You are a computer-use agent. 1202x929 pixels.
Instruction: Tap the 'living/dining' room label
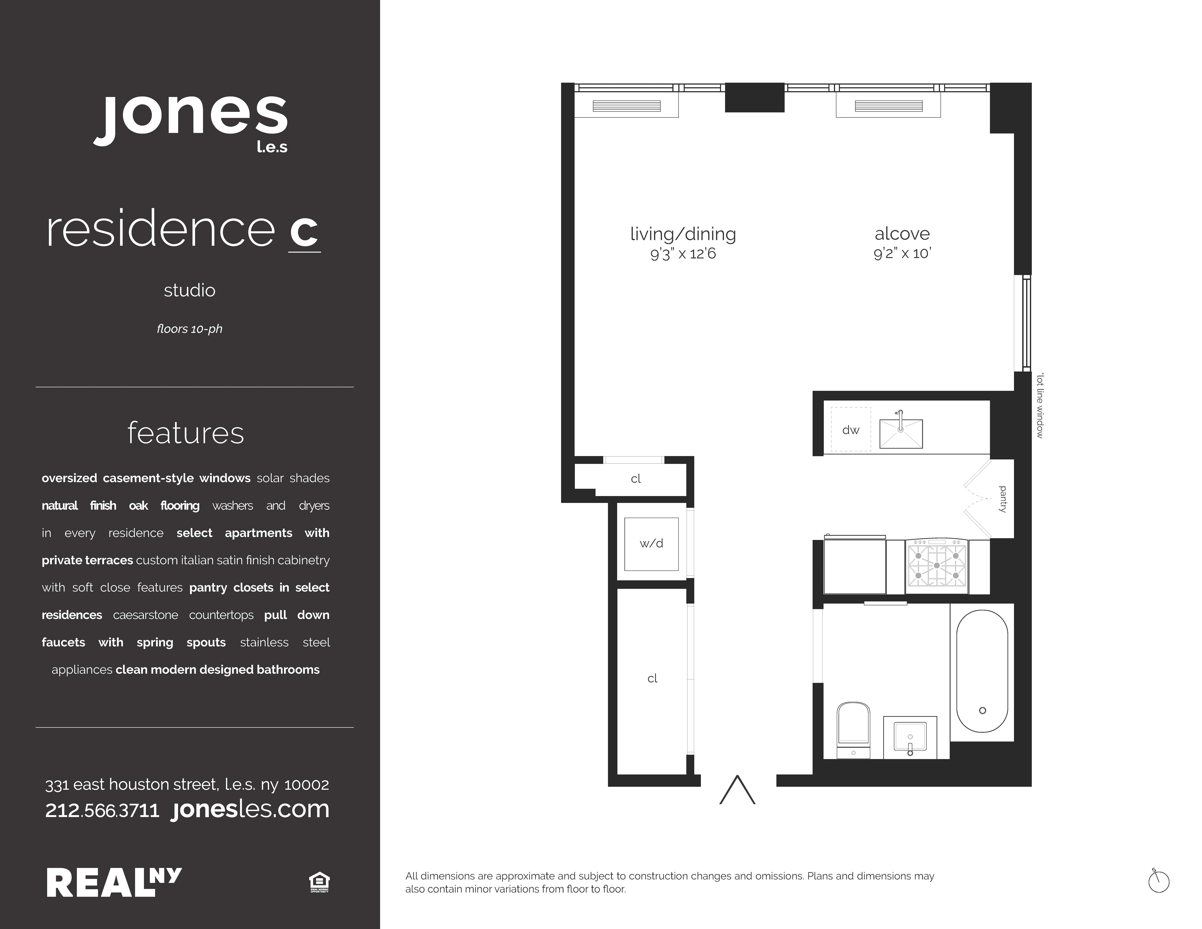click(x=683, y=234)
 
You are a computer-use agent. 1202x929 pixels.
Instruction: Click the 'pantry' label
click(x=1003, y=499)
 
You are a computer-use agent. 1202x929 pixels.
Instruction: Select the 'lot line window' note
click(x=1040, y=406)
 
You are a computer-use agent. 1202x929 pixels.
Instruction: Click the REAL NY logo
click(x=114, y=882)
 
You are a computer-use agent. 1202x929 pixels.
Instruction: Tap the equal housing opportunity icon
click(x=319, y=882)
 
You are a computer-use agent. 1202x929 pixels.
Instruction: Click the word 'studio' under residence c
click(x=189, y=290)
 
